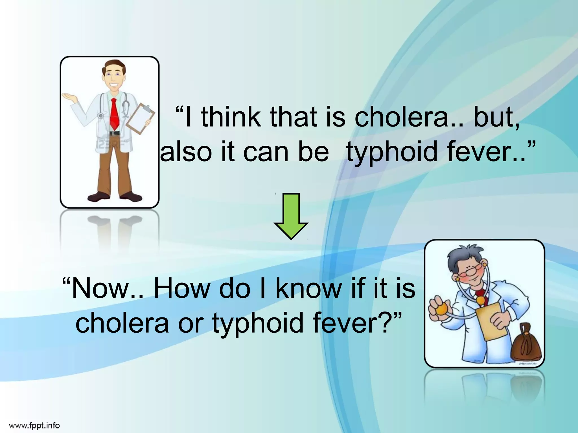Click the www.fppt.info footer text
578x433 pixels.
34,425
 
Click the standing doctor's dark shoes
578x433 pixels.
114,196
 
